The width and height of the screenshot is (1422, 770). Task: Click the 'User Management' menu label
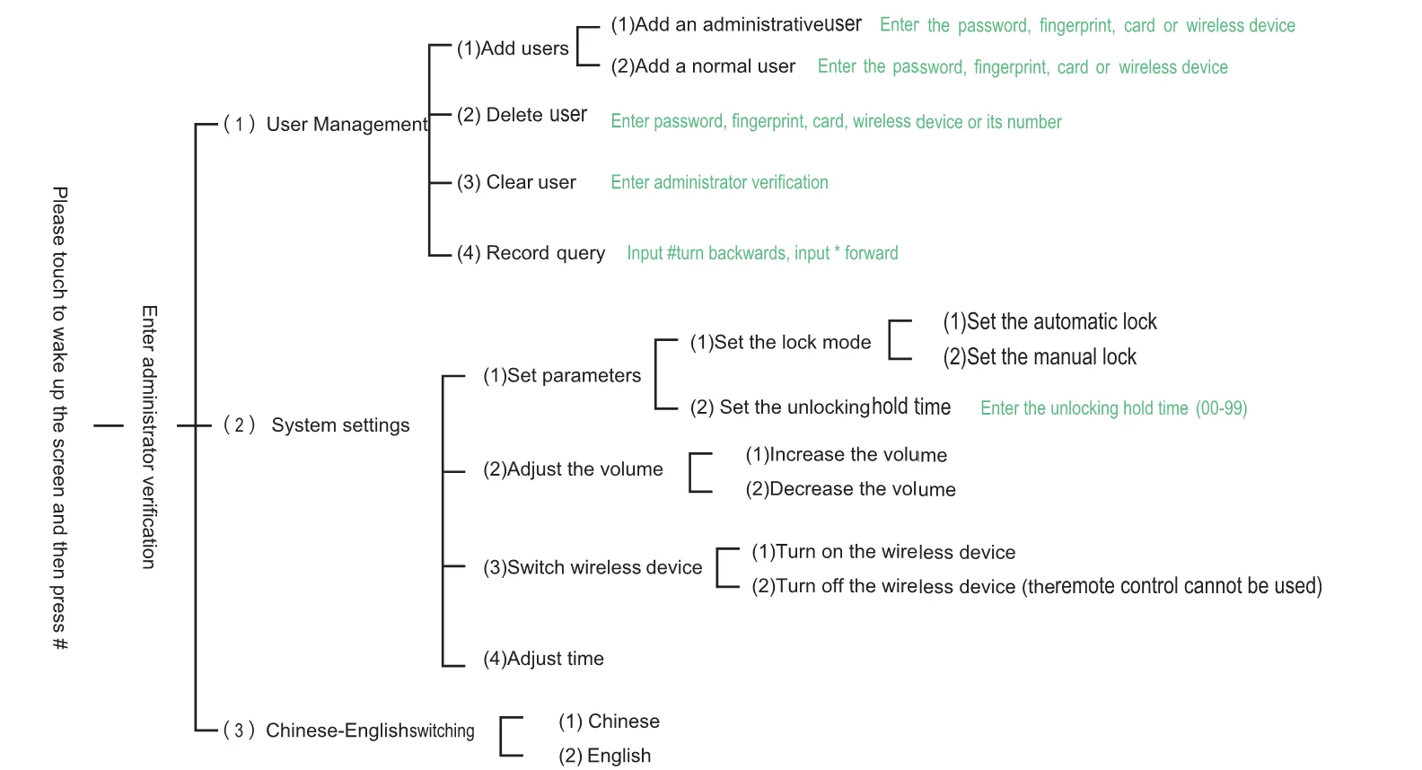[347, 125]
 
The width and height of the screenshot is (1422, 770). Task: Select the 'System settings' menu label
[340, 425]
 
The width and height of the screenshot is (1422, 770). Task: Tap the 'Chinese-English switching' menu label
[370, 731]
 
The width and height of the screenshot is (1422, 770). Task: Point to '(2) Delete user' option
[522, 115]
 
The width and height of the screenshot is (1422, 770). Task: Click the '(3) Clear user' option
[516, 183]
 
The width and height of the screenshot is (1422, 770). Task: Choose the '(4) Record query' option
[531, 253]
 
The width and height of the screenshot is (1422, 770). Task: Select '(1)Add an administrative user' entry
[736, 25]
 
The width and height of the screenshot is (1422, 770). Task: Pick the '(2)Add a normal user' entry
[703, 66]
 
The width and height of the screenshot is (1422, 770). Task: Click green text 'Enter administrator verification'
[719, 183]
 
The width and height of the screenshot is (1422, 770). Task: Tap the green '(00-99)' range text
[1222, 408]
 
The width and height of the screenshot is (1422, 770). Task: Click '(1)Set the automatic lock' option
[1050, 322]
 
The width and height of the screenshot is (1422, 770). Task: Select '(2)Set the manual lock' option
[1040, 357]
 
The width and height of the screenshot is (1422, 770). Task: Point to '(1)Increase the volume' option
[847, 455]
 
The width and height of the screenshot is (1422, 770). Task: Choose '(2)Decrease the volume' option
[851, 489]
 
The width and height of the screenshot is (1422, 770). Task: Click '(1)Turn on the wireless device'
[883, 552]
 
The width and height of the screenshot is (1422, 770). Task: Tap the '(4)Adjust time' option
[543, 659]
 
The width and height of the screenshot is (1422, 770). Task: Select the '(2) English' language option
[605, 756]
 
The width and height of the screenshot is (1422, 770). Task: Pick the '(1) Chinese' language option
[609, 722]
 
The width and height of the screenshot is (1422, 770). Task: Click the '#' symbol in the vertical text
[59, 643]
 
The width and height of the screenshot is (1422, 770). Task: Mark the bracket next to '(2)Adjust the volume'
[690, 473]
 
